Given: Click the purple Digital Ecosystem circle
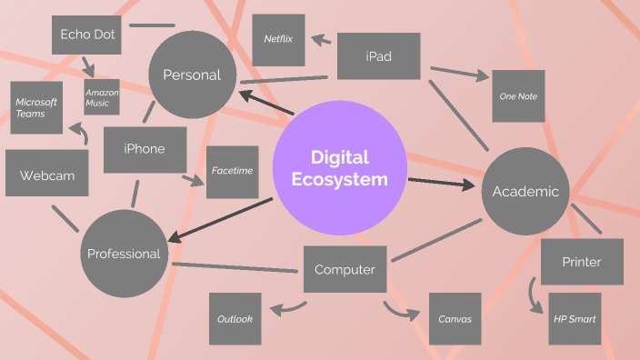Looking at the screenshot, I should point(338,170).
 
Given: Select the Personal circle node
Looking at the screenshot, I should point(192,75).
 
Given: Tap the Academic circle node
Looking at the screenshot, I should point(525,191).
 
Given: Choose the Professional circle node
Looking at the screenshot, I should point(124,254).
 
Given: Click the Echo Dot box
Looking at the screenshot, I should point(86,35).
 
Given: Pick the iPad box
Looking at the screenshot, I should point(378,56).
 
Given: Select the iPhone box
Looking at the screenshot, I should point(144,149).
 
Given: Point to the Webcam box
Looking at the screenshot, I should point(47,174).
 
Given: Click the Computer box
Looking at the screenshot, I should point(345,270).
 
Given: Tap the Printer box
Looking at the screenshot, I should point(582,263).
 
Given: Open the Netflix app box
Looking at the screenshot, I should point(277,40).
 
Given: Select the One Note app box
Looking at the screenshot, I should point(518,96).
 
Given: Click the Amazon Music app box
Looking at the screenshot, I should point(101,97).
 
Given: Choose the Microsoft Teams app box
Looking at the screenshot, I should point(36,107).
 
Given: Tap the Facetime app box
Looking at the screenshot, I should point(232,171).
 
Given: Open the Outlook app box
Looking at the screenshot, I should point(235,319).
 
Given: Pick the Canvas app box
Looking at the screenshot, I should point(455,319).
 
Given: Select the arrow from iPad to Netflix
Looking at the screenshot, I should point(322,40).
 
